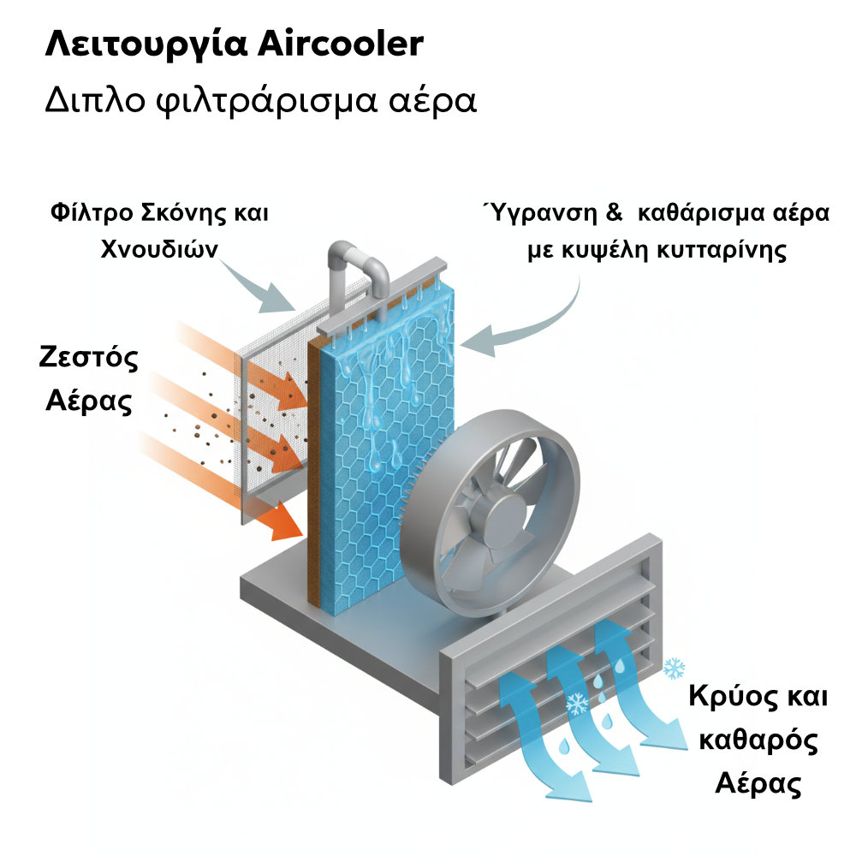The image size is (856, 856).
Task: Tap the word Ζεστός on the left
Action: tap(89, 358)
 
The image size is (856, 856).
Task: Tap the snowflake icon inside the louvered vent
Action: tap(577, 704)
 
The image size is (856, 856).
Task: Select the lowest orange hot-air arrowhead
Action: tap(287, 524)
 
